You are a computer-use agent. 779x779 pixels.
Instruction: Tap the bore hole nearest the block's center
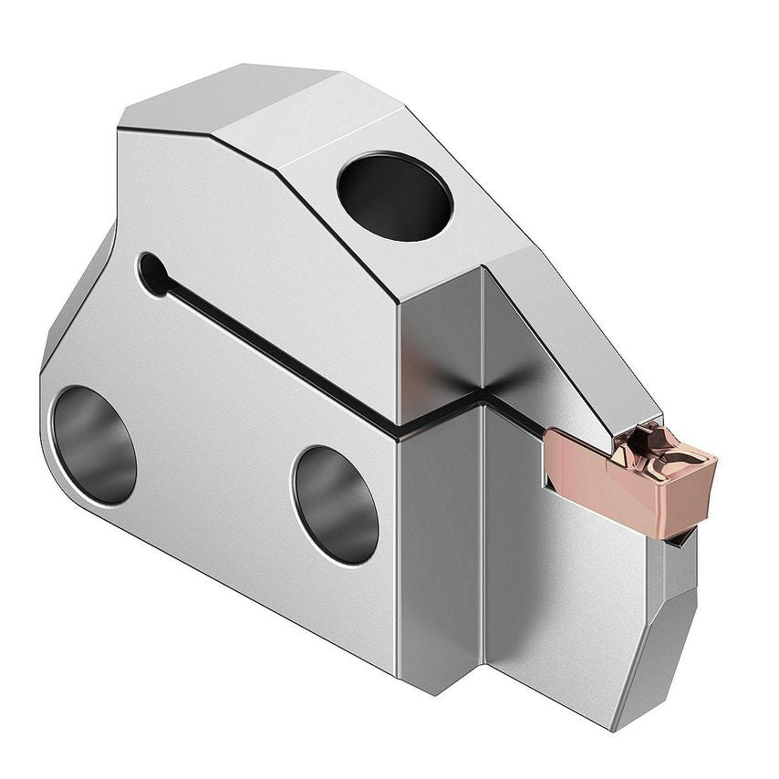pos(335,504)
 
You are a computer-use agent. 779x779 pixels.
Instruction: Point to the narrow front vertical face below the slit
pos(438,547)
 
